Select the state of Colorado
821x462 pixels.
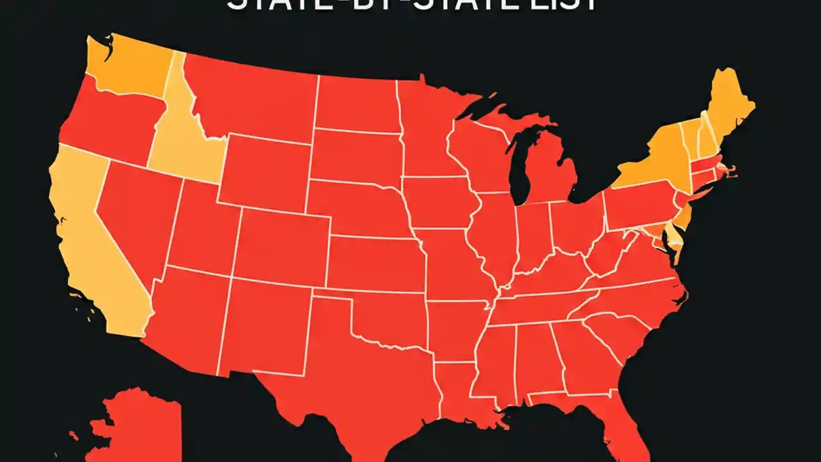[282, 244]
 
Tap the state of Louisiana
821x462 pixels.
[462, 391]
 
